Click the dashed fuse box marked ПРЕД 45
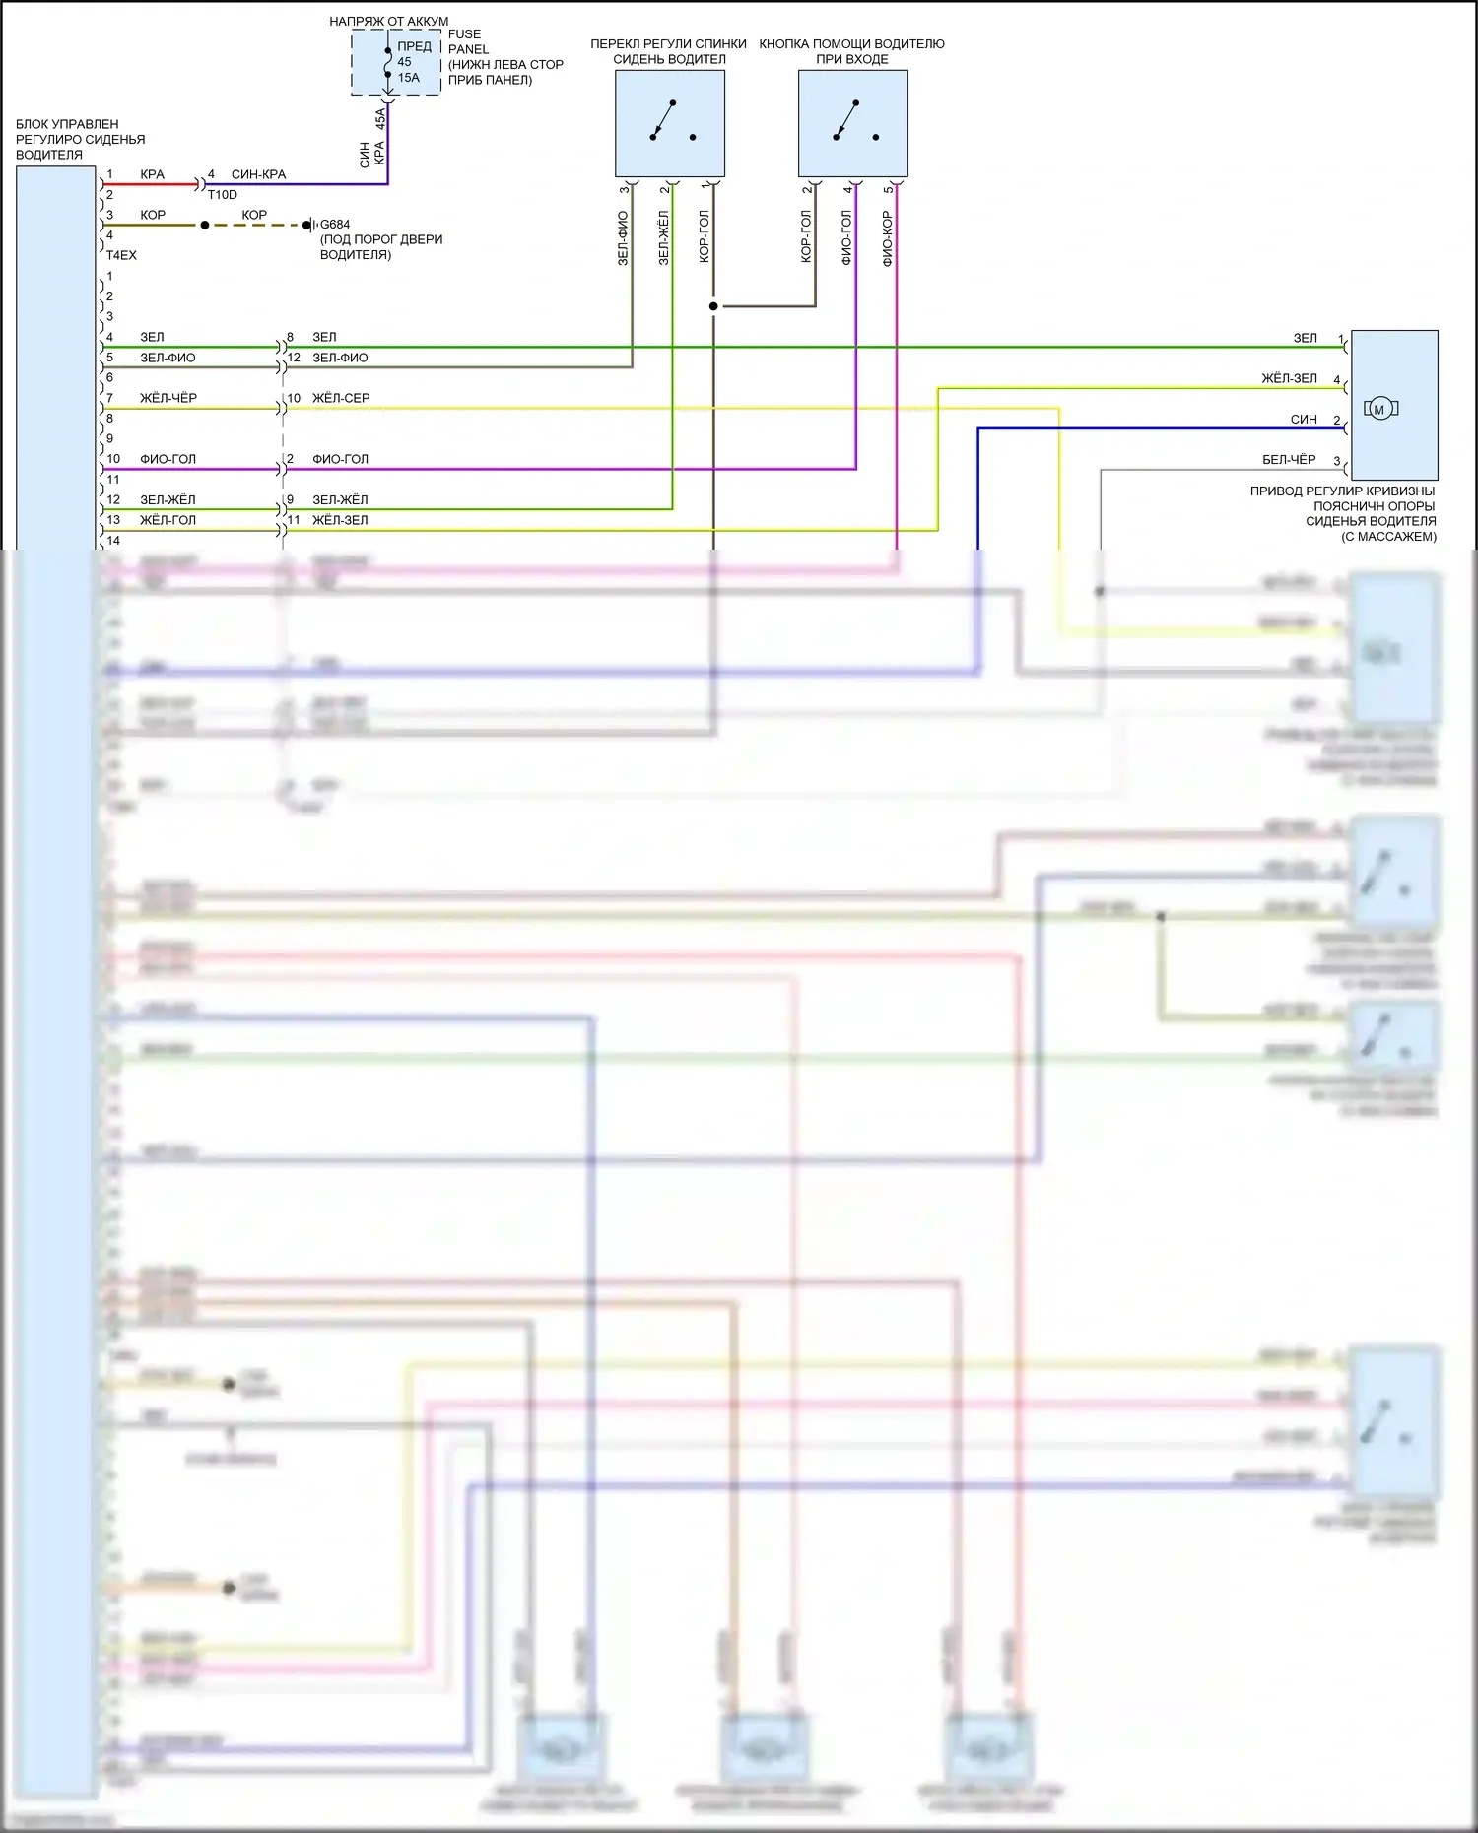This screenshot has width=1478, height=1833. pyautogui.click(x=396, y=62)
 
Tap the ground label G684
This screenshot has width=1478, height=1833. pyautogui.click(x=335, y=225)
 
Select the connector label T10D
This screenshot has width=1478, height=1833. pyautogui.click(x=223, y=195)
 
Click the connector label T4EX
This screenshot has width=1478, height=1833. pyautogui.click(x=121, y=255)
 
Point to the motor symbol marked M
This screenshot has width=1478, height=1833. pyautogui.click(x=1379, y=409)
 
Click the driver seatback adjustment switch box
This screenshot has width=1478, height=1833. pyautogui.click(x=670, y=123)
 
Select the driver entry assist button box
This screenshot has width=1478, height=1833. pyautogui.click(x=852, y=123)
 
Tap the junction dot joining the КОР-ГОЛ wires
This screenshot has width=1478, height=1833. pyautogui.click(x=713, y=306)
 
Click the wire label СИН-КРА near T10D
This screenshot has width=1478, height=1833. pyautogui.click(x=258, y=174)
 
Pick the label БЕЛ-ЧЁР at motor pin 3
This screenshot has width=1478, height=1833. pyautogui.click(x=1289, y=460)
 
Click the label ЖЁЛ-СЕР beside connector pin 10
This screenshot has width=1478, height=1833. pyautogui.click(x=341, y=399)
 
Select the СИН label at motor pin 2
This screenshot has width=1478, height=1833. pyautogui.click(x=1304, y=420)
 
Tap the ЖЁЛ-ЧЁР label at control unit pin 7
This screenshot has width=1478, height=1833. pyautogui.click(x=168, y=399)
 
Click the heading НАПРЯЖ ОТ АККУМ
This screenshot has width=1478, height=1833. pyautogui.click(x=388, y=21)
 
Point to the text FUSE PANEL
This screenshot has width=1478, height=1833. pyautogui.click(x=468, y=41)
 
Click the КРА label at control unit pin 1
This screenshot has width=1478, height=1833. pyautogui.click(x=152, y=174)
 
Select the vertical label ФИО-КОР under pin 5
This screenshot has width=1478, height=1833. pyautogui.click(x=888, y=238)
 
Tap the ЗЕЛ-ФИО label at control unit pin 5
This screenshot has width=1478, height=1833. pyautogui.click(x=168, y=359)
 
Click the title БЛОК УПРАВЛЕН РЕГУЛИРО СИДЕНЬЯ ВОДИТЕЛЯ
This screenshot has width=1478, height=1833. pyautogui.click(x=80, y=139)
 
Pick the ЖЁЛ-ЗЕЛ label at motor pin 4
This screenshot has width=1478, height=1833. pyautogui.click(x=1289, y=379)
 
